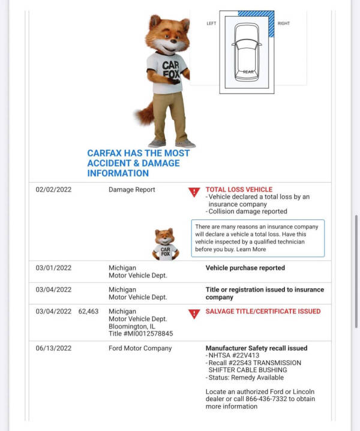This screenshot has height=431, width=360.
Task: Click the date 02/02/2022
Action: tap(53, 190)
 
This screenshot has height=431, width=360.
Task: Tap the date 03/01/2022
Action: tap(53, 268)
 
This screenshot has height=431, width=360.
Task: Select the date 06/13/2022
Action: tap(53, 348)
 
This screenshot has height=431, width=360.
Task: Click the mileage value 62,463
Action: tap(88, 312)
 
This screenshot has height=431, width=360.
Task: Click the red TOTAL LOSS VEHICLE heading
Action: tap(239, 189)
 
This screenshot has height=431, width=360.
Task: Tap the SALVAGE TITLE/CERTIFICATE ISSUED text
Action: tap(263, 312)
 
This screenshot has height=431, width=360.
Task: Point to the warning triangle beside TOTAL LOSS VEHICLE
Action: tap(194, 192)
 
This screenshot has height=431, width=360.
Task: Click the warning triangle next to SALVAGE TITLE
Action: tap(194, 314)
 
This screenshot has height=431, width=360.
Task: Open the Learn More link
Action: tap(251, 249)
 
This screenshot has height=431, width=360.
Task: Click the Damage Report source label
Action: tap(131, 190)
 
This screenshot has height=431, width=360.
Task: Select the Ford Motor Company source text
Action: tap(140, 348)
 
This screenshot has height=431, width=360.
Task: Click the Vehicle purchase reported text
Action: tap(245, 268)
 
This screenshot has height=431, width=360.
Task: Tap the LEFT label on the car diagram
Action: tap(211, 23)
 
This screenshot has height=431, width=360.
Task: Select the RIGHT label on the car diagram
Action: tap(284, 23)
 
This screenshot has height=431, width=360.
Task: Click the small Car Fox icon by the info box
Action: tap(165, 244)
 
